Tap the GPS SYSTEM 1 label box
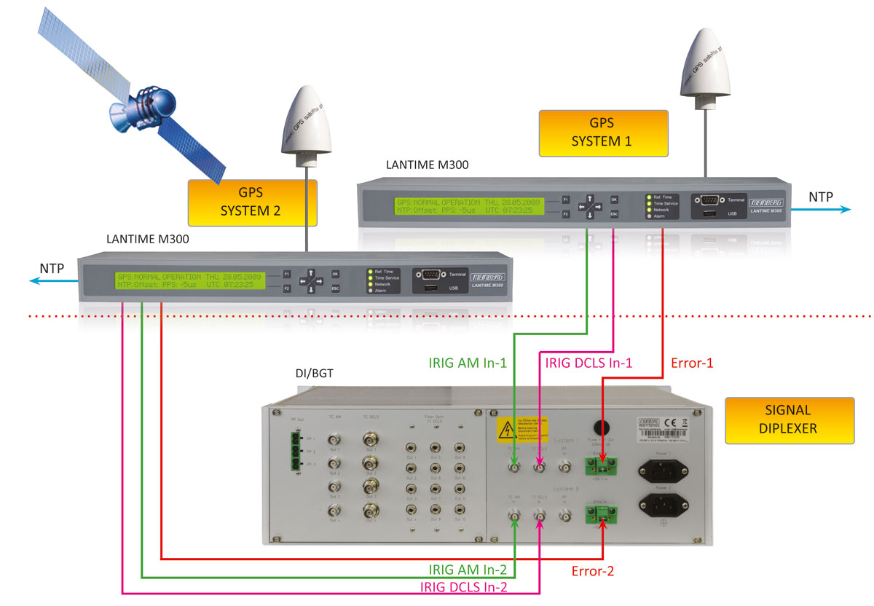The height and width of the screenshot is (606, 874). pyautogui.click(x=603, y=133)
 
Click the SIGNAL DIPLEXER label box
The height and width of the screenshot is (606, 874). pyautogui.click(x=789, y=420)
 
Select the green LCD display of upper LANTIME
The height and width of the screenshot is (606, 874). pyautogui.click(x=471, y=206)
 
